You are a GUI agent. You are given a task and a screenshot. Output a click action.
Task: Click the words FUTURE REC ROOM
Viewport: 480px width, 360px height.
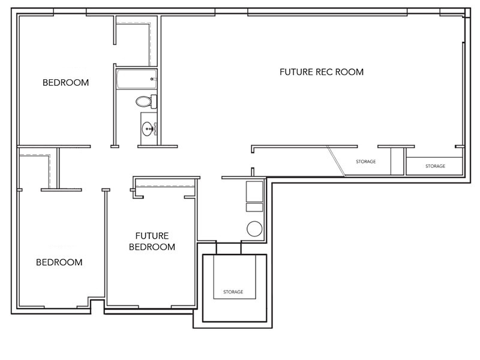click(322, 72)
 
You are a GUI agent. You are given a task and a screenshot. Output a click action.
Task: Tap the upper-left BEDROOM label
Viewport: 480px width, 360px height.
click(65, 83)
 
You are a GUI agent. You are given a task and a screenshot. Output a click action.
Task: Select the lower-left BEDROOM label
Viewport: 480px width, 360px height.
click(59, 262)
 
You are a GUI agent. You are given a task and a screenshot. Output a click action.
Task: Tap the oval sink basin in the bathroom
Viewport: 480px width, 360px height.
click(148, 128)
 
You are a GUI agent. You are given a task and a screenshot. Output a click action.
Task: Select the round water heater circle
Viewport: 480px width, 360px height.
click(254, 229)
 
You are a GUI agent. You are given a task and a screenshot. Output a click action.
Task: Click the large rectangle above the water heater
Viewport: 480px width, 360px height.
click(254, 191)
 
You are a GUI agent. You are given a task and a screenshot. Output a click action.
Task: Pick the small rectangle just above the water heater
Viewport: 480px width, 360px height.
click(254, 208)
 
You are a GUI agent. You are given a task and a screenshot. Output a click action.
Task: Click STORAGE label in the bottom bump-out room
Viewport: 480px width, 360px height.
click(233, 292)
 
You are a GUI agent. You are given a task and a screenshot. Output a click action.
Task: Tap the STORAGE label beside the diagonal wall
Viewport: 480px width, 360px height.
click(366, 161)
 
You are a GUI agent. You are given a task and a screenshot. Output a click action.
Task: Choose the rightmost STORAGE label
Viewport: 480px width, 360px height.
click(435, 166)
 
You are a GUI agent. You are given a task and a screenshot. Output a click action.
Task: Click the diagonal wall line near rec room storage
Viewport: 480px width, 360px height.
click(336, 161)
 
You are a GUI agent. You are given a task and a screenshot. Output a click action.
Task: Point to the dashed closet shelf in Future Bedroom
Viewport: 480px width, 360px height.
click(165, 187)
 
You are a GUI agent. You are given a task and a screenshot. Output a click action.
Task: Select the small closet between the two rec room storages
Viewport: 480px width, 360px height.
click(397, 161)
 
